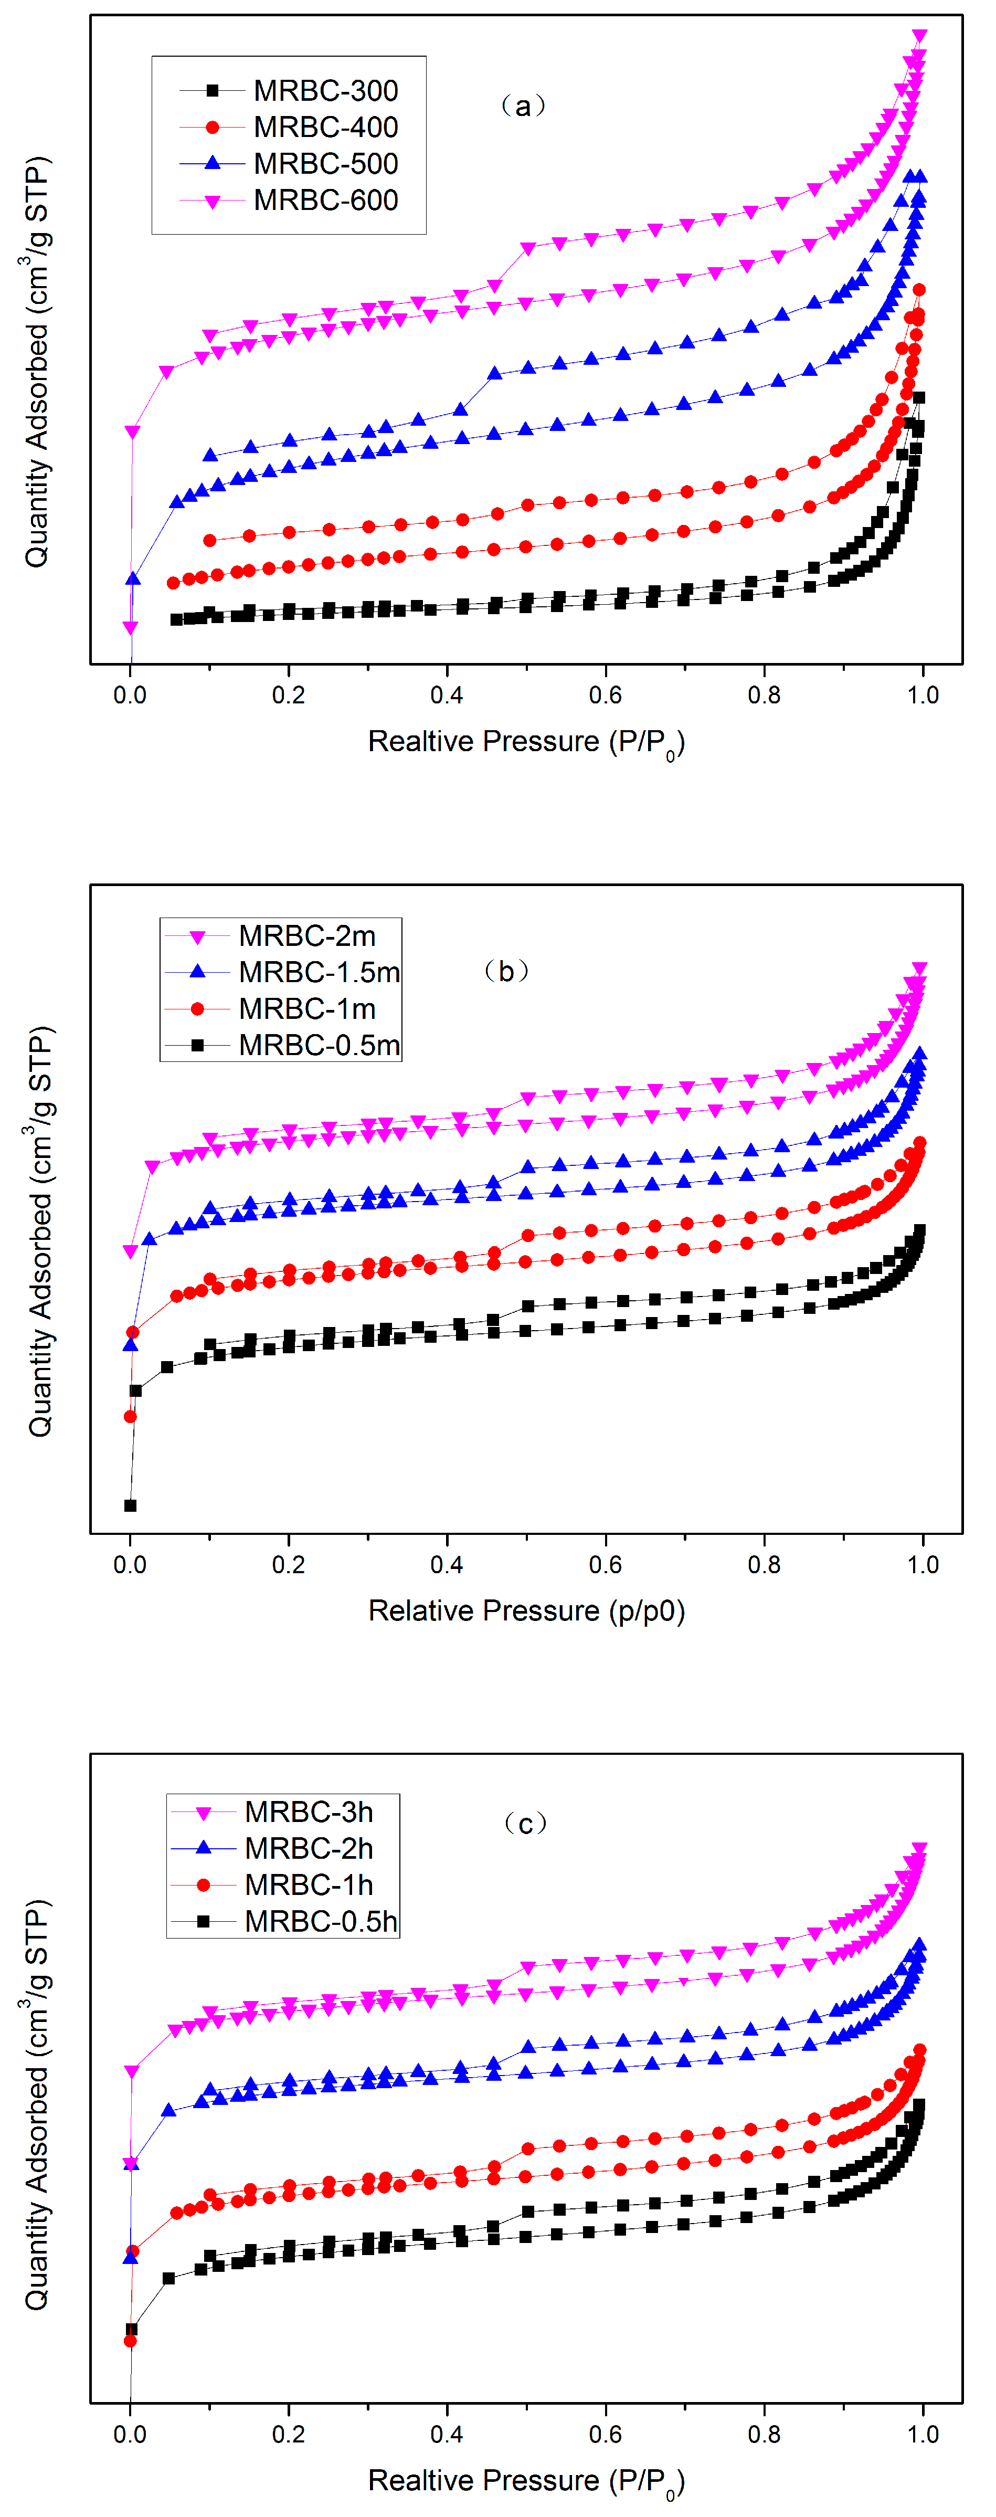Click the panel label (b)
pyautogui.click(x=507, y=971)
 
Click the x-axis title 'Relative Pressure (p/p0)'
pyautogui.click(x=526, y=1610)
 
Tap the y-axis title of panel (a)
pyautogui.click(x=37, y=362)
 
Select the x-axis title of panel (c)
pyautogui.click(x=526, y=2481)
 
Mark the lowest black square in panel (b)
pyautogui.click(x=130, y=1505)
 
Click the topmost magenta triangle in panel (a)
pyautogui.click(x=919, y=36)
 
